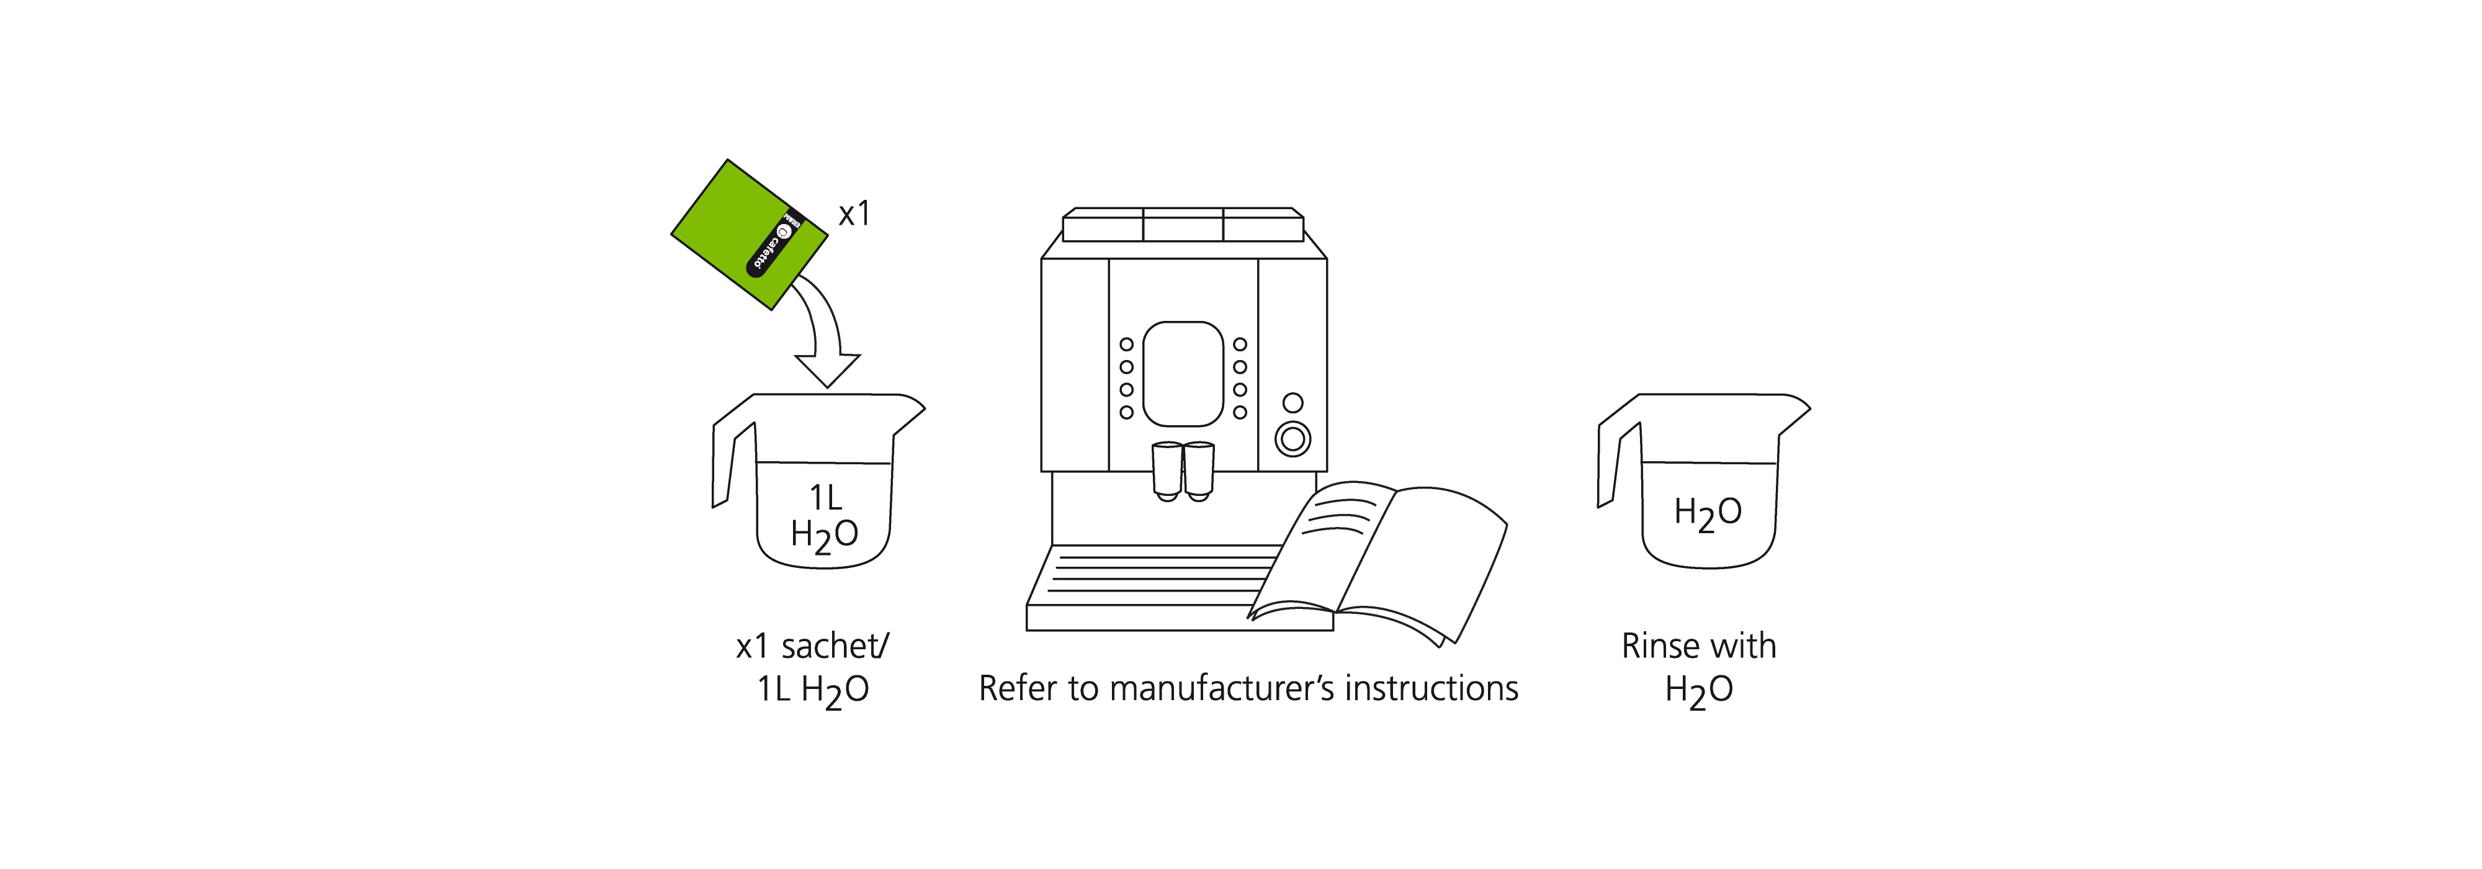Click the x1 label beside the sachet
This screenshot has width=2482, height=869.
point(854,214)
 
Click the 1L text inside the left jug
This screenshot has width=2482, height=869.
point(826,498)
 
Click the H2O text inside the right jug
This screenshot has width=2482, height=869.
point(1708,513)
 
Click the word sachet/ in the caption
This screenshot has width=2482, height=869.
point(835,646)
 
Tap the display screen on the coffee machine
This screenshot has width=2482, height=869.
point(1183,374)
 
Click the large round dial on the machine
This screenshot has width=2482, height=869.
point(1293,439)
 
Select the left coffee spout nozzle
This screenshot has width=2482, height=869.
point(1167,472)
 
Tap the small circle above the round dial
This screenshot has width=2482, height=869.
point(1293,403)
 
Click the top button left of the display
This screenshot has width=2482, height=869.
point(1126,344)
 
